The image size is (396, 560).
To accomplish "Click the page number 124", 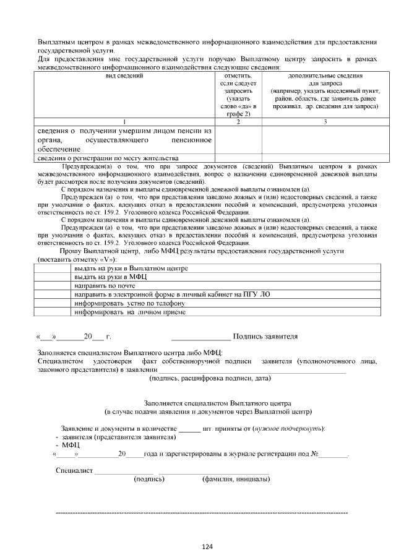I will point(207,546).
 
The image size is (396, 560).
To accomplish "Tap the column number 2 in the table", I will point(238,122).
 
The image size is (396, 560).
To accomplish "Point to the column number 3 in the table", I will point(325,122).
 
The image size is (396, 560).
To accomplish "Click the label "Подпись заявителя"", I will point(266,337).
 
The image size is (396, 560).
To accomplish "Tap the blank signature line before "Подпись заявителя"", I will point(201,338).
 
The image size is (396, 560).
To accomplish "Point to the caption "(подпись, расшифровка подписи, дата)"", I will point(210,378).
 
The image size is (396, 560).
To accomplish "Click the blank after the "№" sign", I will point(334,455).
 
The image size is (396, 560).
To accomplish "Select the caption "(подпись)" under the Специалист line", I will point(148,479).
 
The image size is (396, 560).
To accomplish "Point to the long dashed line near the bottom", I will point(202,513).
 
